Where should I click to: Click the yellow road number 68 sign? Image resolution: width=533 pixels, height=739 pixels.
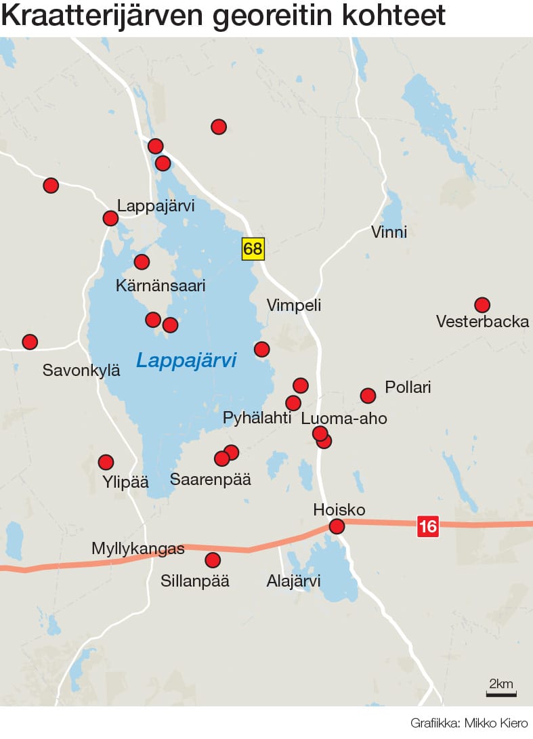click(x=253, y=249)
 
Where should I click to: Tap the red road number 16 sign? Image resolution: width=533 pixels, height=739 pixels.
click(x=427, y=526)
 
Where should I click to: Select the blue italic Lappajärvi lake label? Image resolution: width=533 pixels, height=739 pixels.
click(x=186, y=360)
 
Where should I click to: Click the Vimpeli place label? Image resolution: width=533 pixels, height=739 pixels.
click(x=294, y=305)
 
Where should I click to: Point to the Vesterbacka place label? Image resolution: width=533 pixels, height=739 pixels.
click(x=482, y=321)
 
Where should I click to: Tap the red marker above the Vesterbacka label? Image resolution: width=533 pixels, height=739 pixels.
click(x=482, y=305)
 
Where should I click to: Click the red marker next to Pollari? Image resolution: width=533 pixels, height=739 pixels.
click(x=368, y=396)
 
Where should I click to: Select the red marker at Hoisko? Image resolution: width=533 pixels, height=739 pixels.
click(x=337, y=526)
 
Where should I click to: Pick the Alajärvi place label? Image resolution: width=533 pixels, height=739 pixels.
click(x=293, y=581)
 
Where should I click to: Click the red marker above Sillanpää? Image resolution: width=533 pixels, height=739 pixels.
click(x=213, y=560)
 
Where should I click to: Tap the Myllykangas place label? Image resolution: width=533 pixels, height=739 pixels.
click(x=138, y=549)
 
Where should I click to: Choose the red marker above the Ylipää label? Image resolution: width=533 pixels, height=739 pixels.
click(x=106, y=463)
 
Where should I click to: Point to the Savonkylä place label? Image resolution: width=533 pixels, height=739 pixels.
click(x=81, y=370)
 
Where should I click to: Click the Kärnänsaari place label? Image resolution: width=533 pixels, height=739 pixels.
click(x=161, y=286)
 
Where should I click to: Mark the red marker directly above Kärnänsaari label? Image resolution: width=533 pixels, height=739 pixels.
click(x=142, y=262)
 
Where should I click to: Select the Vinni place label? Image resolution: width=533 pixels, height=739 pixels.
click(x=389, y=232)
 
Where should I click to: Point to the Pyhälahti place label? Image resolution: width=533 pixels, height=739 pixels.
click(x=257, y=418)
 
